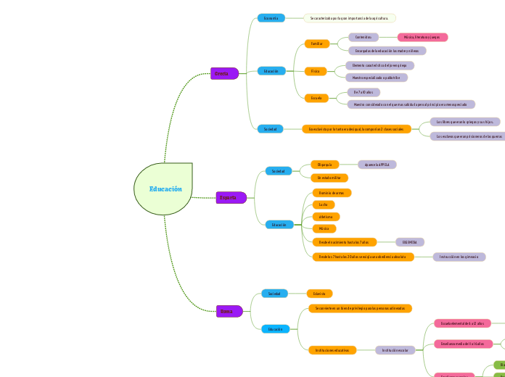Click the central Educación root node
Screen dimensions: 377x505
pyautogui.click(x=165, y=189)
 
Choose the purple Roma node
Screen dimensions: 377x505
pyautogui.click(x=229, y=311)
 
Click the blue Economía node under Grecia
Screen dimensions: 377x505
pyautogui.click(x=271, y=18)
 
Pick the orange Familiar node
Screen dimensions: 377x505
pyautogui.click(x=316, y=43)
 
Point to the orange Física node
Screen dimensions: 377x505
pyautogui.click(x=316, y=71)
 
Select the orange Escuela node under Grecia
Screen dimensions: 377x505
pyautogui.click(x=316, y=97)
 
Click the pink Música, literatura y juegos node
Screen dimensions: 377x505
pyautogui.click(x=422, y=37)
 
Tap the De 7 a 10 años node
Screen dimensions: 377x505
pyautogui.click(x=364, y=92)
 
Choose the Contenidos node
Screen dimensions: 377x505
pyautogui.click(x=363, y=37)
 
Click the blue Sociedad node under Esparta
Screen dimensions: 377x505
pyautogui.click(x=278, y=171)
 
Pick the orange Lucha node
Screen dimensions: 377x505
pyautogui.click(x=324, y=204)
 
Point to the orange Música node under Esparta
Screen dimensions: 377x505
pyautogui.click(x=324, y=228)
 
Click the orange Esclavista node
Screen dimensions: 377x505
pyautogui.click(x=319, y=294)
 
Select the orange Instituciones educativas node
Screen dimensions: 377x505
pyautogui.click(x=332, y=350)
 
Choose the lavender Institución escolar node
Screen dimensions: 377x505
pyautogui.click(x=395, y=350)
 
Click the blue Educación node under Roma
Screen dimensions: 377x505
pyautogui.click(x=275, y=329)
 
